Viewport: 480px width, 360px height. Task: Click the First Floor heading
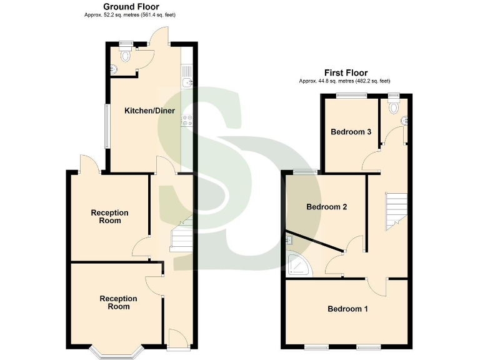(x=345, y=72)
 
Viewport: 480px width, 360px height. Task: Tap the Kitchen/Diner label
(x=149, y=111)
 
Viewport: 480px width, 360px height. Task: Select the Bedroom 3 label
(x=351, y=132)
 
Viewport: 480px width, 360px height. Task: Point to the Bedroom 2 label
(x=326, y=207)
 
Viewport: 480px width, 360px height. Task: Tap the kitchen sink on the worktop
(x=186, y=81)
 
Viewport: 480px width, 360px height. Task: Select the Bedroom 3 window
(x=352, y=95)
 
